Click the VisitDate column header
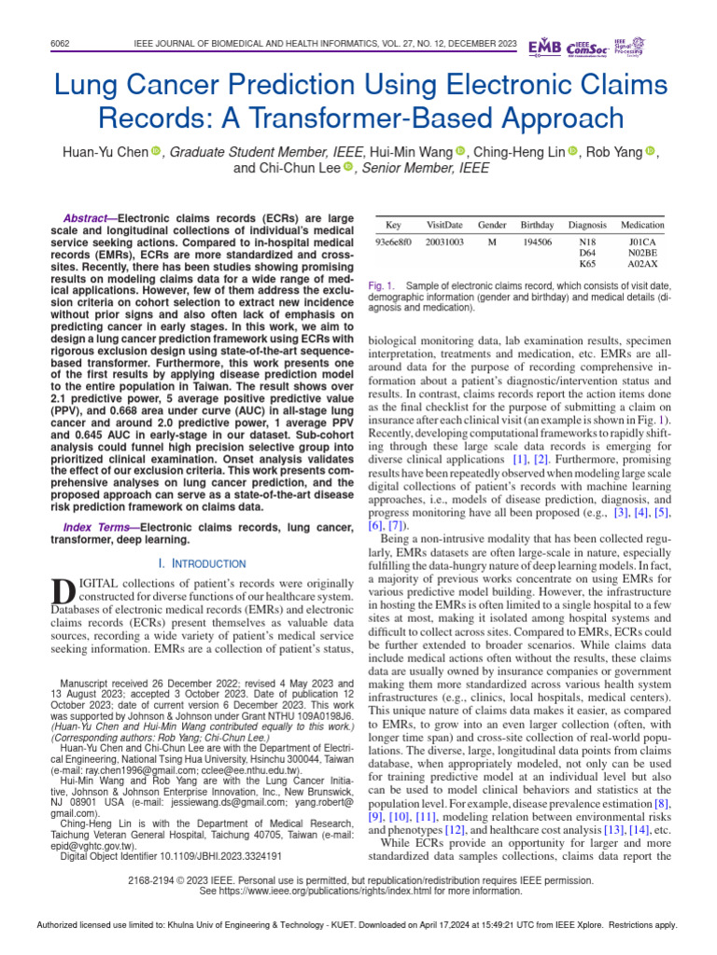click(x=444, y=226)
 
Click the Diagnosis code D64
click(x=587, y=252)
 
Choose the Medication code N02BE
click(x=642, y=252)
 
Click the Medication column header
click(x=642, y=226)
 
